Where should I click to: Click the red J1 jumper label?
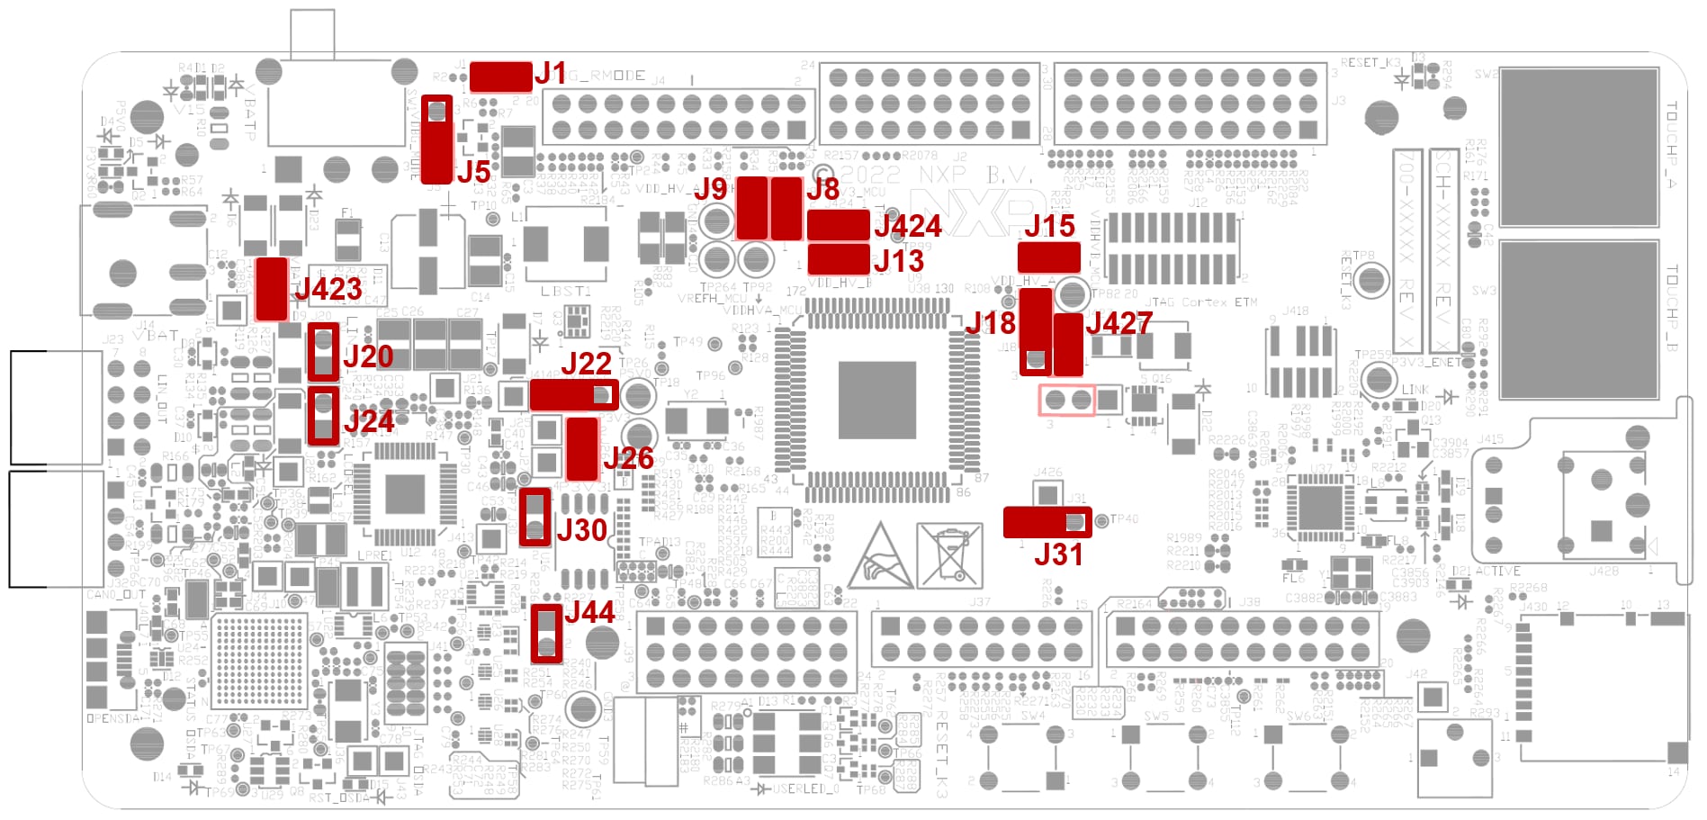tap(551, 74)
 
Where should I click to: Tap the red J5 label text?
tap(473, 172)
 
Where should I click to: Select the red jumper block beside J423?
tap(272, 289)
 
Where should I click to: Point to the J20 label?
tap(368, 356)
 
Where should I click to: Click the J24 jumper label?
tap(369, 421)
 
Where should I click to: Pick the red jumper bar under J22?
tap(573, 395)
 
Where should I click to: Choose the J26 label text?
tap(628, 458)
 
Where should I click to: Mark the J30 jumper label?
tap(581, 530)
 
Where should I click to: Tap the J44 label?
tap(589, 613)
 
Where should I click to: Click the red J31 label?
tap(1058, 554)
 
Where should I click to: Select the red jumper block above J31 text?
tap(1047, 522)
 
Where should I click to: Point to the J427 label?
tap(1119, 323)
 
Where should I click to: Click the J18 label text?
tap(990, 323)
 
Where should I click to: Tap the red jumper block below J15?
tap(1048, 257)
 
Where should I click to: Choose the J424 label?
tap(908, 226)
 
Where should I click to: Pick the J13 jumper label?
tap(899, 261)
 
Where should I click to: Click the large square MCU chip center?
tap(876, 401)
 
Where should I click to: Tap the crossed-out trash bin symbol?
tap(949, 554)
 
